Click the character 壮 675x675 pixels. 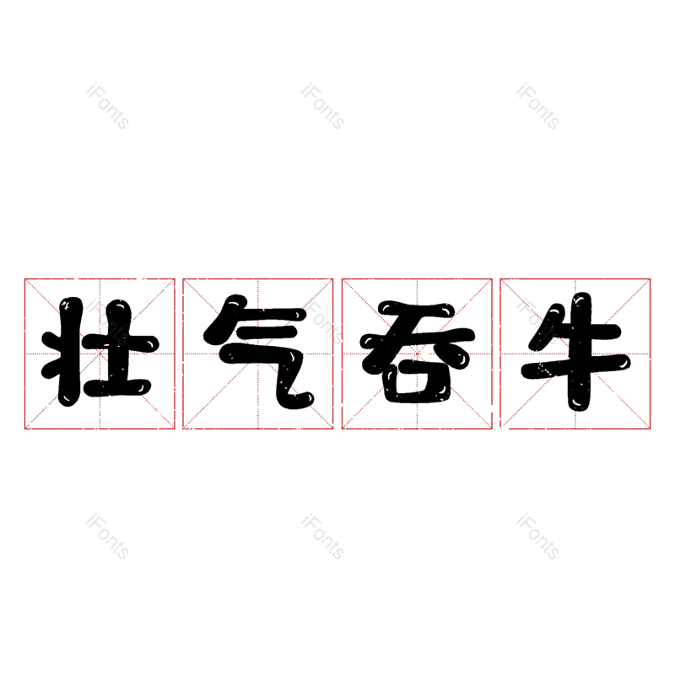pyautogui.click(x=100, y=353)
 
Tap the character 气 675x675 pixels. pyautogui.click(x=258, y=353)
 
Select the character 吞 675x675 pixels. pyautogui.click(x=417, y=353)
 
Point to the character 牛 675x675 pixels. pyautogui.click(x=575, y=353)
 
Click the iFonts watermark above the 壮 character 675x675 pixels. pyautogui.click(x=107, y=106)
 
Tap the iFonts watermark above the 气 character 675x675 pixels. pyautogui.click(x=322, y=106)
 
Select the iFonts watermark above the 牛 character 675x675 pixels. pyautogui.click(x=537, y=106)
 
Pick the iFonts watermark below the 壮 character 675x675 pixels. pyautogui.click(x=107, y=537)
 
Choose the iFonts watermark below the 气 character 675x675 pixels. pyautogui.click(x=322, y=537)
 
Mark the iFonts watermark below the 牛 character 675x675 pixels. pyautogui.click(x=537, y=537)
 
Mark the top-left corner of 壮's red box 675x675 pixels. pyautogui.click(x=24, y=278)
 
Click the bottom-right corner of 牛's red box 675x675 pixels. pyautogui.click(x=651, y=429)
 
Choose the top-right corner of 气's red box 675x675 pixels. pyautogui.click(x=333, y=278)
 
